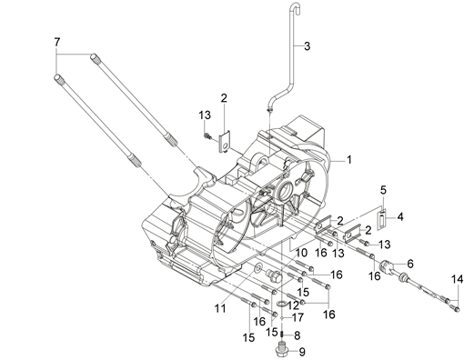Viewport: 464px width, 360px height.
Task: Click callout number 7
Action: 57,42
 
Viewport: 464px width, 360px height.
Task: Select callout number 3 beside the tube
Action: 307,46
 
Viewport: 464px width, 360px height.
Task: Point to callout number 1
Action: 349,159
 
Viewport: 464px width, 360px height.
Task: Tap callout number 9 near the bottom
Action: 301,352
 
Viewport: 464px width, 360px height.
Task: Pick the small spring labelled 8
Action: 283,335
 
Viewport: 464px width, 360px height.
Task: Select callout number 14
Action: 457,279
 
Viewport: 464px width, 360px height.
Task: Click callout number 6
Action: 410,264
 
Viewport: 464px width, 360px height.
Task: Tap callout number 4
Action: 400,217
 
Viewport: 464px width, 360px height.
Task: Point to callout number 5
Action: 383,190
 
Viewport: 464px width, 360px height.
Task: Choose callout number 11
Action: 220,308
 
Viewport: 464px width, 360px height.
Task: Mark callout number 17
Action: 298,317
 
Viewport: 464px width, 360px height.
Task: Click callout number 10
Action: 301,253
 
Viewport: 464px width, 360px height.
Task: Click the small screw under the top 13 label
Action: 207,135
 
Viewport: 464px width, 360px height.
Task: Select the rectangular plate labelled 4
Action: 381,219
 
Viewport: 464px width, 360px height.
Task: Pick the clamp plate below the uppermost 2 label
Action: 224,142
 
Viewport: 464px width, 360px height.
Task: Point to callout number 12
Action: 294,305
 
